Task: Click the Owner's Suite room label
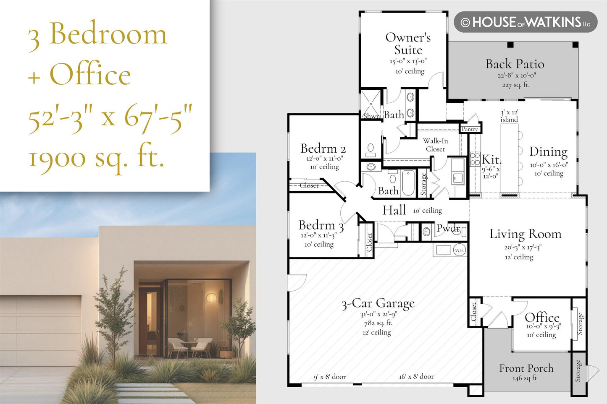(x=408, y=44)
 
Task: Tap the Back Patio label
(x=515, y=64)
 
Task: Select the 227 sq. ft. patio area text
(x=516, y=85)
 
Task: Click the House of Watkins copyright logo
(x=526, y=22)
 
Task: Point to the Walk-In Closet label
(x=436, y=145)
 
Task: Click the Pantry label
(x=470, y=129)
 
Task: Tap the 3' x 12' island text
(x=509, y=116)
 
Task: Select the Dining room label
(x=549, y=152)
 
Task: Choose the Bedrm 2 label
(x=323, y=149)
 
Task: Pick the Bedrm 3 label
(x=321, y=225)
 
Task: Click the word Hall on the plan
(x=394, y=210)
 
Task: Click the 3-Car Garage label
(x=378, y=304)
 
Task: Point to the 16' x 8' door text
(x=416, y=376)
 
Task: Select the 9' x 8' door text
(x=329, y=377)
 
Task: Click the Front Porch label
(x=526, y=368)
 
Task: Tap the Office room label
(x=542, y=317)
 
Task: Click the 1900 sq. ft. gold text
(x=97, y=159)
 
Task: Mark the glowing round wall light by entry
(x=211, y=298)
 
